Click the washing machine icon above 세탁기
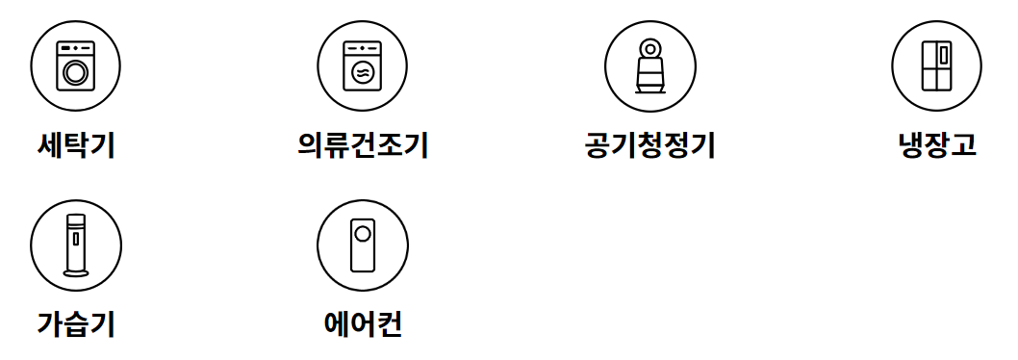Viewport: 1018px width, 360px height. pos(75,65)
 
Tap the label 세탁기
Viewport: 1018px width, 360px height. pos(76,145)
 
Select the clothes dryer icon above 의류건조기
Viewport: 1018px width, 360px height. pos(363,65)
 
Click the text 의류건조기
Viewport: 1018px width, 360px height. pos(363,145)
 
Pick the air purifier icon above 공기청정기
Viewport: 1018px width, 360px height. pos(650,65)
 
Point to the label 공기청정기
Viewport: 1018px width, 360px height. pos(649,145)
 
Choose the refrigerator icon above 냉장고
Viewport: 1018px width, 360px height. pos(937,65)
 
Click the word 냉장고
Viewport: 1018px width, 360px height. pos(937,145)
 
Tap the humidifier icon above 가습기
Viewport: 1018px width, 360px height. pos(75,245)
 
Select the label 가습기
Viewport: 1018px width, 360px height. pos(76,324)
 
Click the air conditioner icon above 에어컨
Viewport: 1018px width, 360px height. pos(363,245)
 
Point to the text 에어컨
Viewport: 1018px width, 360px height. pos(363,324)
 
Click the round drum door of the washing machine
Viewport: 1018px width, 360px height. pos(75,71)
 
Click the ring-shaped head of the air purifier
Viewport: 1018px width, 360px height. pos(651,48)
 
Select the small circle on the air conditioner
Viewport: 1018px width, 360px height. pos(363,233)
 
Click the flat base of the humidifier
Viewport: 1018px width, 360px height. pos(75,274)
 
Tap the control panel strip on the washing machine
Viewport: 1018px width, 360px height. pos(75,47)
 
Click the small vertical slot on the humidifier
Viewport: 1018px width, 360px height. pos(75,238)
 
